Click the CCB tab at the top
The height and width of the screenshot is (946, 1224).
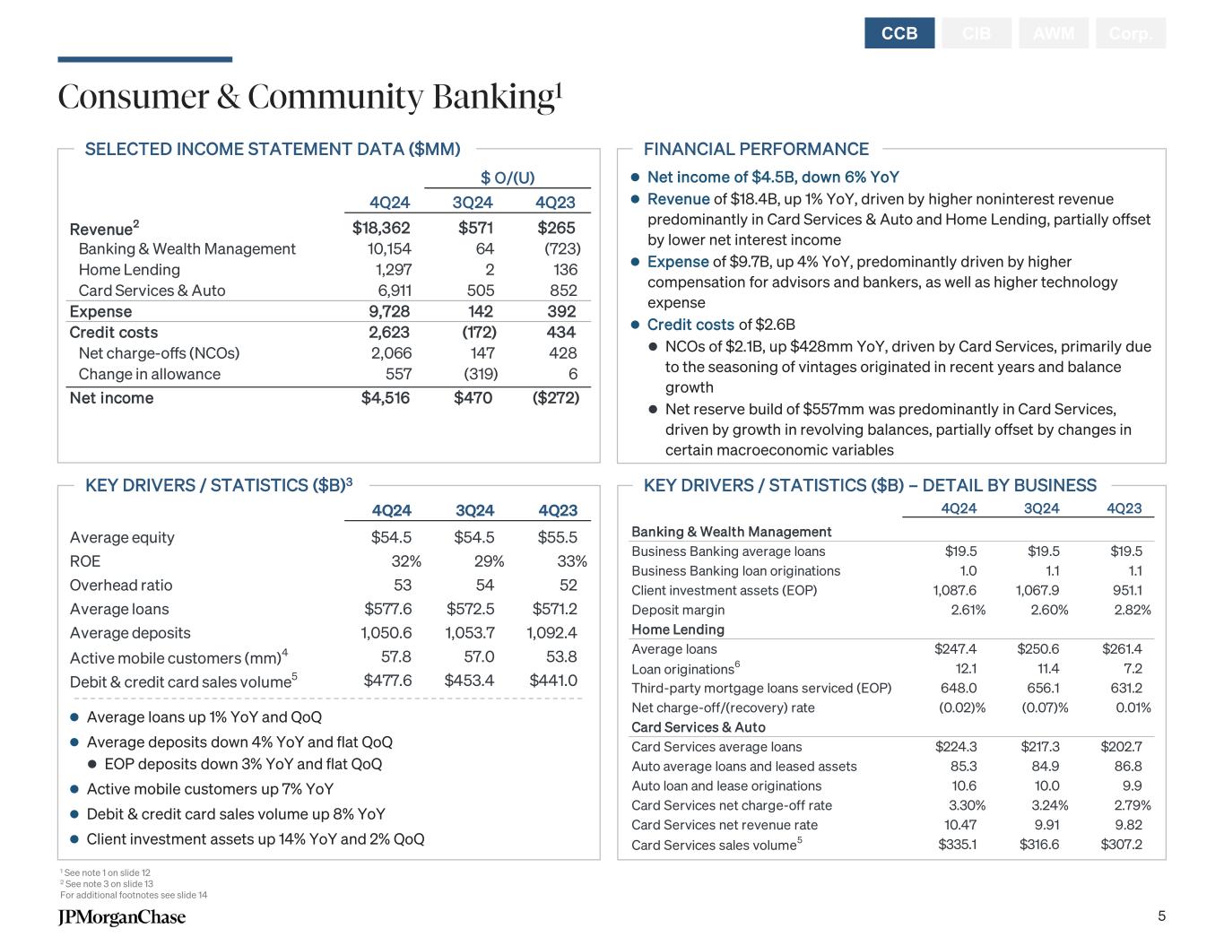(899, 33)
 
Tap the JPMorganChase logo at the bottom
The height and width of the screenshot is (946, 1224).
(122, 916)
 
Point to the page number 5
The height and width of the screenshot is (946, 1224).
(1161, 916)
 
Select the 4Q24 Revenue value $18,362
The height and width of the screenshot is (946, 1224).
(381, 228)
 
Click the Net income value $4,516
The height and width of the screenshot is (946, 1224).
(385, 398)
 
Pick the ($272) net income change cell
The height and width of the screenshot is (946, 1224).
(556, 398)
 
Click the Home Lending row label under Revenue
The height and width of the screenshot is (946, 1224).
(129, 270)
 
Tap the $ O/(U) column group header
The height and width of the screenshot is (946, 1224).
(508, 178)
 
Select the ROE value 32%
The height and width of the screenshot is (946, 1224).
(405, 561)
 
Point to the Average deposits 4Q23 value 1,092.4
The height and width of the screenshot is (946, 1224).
(551, 633)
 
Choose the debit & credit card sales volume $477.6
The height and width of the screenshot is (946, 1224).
(387, 681)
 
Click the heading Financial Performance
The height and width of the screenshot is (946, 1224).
(756, 150)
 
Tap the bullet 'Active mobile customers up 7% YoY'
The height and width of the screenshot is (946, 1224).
(210, 789)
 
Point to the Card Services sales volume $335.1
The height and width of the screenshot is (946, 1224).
(957, 845)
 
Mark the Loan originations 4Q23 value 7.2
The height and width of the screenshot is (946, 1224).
(1133, 669)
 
